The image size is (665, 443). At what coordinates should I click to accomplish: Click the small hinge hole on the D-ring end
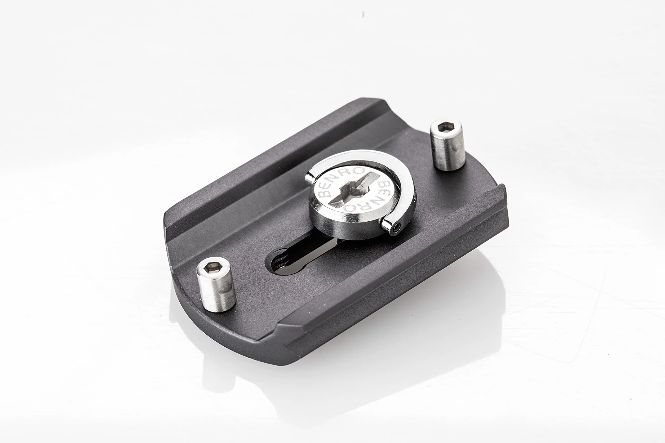398,226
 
